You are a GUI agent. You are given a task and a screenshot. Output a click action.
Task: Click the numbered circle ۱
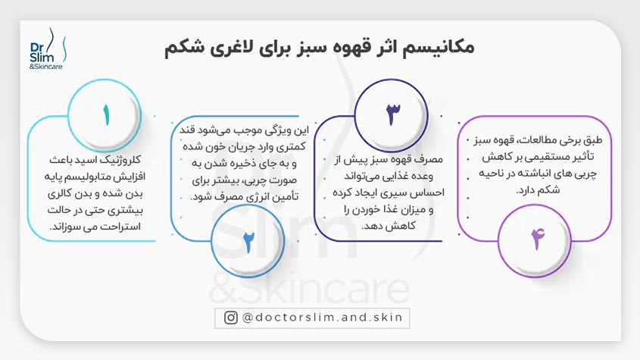(108, 116)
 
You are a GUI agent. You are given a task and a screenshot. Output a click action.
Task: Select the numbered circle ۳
(392, 114)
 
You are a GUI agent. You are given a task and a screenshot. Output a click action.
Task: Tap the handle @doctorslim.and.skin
(325, 318)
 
